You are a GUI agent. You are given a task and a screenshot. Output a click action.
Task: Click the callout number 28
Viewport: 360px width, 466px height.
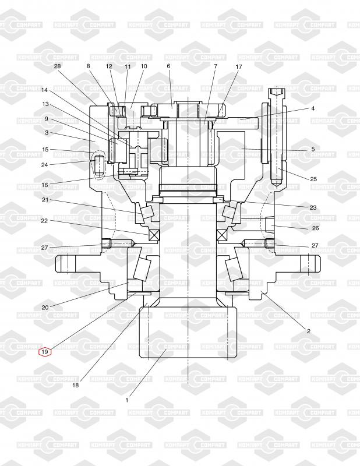(x=57, y=66)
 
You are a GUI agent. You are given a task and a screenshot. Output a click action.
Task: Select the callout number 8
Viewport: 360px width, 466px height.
(x=89, y=66)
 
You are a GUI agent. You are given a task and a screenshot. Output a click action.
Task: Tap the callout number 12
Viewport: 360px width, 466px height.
(x=109, y=66)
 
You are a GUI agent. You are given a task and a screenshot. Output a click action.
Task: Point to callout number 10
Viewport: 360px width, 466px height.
(x=143, y=66)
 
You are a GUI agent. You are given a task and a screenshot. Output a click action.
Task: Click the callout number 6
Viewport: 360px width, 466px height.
(x=169, y=66)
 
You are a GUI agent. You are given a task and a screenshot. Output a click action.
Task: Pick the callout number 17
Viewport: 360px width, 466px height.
(x=239, y=67)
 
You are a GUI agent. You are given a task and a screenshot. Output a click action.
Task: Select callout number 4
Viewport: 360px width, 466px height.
(x=312, y=108)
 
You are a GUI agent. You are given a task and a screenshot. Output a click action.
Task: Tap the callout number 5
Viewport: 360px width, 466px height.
(x=313, y=149)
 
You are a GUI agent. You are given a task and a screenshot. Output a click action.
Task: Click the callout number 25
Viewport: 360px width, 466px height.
(x=313, y=179)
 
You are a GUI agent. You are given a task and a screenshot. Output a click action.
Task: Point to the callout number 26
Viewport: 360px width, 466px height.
(x=315, y=228)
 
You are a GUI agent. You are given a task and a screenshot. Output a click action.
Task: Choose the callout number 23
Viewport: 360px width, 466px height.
(x=313, y=207)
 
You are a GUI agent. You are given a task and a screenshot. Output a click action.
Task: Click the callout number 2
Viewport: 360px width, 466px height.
(x=309, y=331)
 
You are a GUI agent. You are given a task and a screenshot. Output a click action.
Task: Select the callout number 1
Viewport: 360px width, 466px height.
(x=127, y=400)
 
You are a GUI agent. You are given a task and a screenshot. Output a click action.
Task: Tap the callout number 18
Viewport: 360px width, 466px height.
(x=75, y=385)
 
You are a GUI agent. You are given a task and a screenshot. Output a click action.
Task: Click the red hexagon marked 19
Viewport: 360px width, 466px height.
(x=45, y=351)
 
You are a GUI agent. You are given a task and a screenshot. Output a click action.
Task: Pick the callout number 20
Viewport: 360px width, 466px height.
(x=45, y=308)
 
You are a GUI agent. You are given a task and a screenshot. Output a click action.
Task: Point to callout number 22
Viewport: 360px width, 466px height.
(x=45, y=221)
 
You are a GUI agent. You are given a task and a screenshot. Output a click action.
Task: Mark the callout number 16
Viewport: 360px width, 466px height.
(x=45, y=185)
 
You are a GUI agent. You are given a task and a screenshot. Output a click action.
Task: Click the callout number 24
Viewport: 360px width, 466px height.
(x=45, y=164)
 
